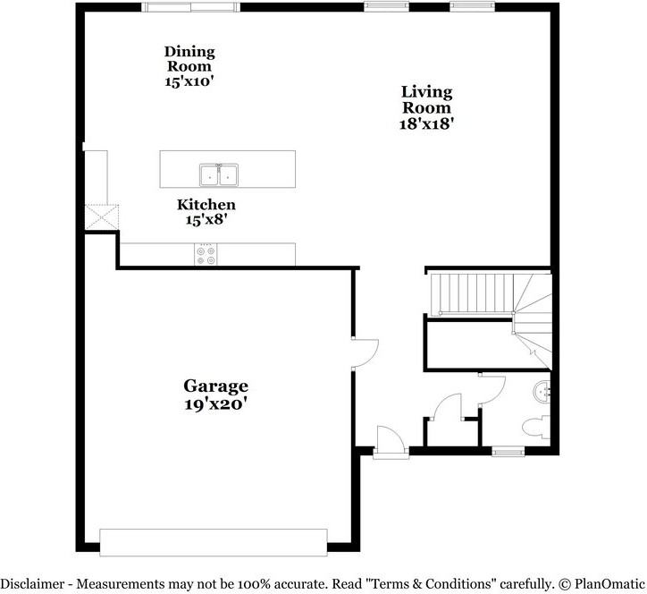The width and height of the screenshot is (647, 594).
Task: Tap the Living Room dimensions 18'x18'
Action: [x=426, y=124]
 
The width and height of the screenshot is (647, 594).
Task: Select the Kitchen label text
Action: [x=206, y=205]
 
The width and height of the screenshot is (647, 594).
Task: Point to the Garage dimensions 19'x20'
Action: [x=215, y=403]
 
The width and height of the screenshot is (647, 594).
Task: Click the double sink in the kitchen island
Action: [x=219, y=174]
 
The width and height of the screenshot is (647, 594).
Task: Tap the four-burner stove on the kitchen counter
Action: [x=206, y=256]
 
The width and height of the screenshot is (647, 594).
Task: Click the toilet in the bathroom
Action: [x=537, y=427]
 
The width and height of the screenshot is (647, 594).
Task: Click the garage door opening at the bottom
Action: [x=213, y=541]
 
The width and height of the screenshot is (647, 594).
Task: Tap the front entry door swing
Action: [x=390, y=441]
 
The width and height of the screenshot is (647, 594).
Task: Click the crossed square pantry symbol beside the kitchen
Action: [x=101, y=217]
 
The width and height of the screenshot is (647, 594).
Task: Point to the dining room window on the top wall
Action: [x=190, y=7]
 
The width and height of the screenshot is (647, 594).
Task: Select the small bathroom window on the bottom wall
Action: [x=508, y=452]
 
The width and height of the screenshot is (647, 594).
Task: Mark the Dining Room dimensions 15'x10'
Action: [x=189, y=81]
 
